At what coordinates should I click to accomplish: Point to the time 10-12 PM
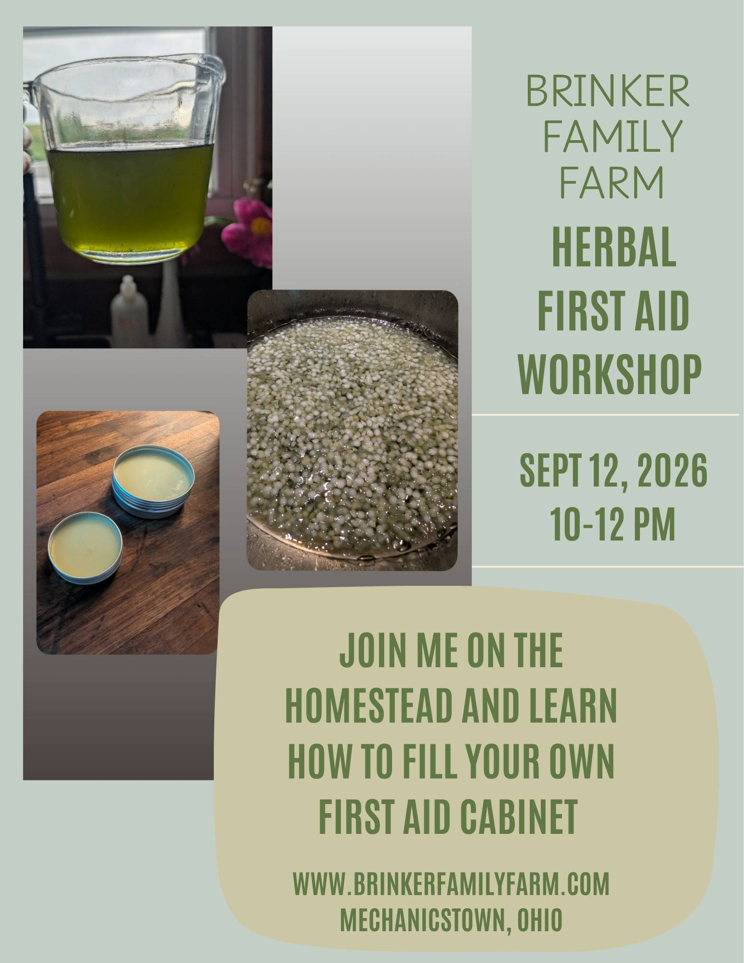tap(612, 524)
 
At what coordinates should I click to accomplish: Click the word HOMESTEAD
tap(370, 707)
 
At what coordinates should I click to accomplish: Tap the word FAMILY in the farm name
tap(609, 133)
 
